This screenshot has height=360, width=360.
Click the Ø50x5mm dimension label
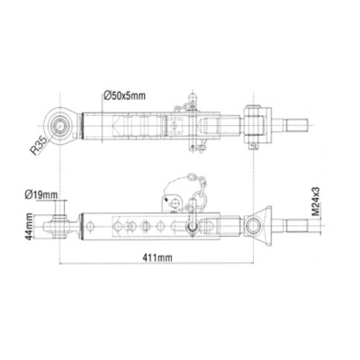[125, 94]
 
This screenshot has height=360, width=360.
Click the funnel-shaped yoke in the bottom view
[260, 224]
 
